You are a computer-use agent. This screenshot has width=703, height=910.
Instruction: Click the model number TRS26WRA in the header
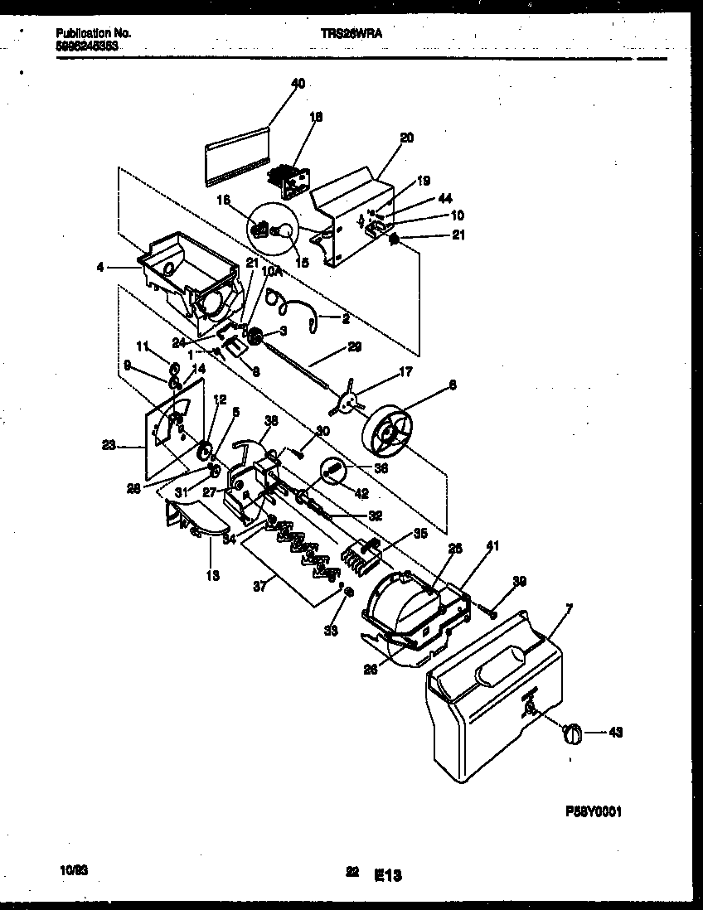(x=351, y=33)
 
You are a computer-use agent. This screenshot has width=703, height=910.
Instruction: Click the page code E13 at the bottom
(x=388, y=874)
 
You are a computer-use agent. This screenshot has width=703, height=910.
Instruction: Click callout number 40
(x=298, y=83)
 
